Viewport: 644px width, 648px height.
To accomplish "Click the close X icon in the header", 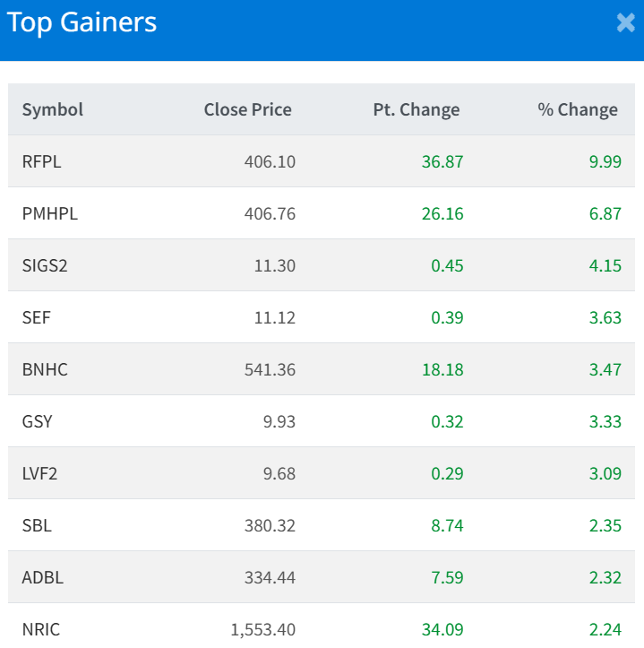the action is point(625,22).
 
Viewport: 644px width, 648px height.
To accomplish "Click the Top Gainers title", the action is point(82,22).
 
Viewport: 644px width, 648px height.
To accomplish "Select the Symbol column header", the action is point(53,109).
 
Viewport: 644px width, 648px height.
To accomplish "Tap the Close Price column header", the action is point(248,109).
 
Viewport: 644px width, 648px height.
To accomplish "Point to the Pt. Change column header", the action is point(416,109).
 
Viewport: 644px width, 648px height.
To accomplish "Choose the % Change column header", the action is point(578,109).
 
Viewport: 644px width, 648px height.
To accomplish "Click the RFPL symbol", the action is point(41,161).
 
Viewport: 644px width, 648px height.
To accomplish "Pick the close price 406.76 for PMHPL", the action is point(270,213).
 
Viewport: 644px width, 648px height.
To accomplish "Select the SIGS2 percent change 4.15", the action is point(605,265).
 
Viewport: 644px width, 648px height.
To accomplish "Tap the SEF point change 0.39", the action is point(447,318).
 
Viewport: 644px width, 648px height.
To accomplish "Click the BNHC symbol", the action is point(45,369).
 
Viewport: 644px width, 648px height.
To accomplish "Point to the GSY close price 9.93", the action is point(279,421).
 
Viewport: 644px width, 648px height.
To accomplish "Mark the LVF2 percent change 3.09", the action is point(605,473).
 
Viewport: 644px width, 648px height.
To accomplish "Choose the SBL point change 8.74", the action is point(447,526).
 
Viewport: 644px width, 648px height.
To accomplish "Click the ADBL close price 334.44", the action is point(270,577).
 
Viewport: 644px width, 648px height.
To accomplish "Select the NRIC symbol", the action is point(41,629).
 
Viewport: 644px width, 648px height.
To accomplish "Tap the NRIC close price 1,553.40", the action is point(263,630).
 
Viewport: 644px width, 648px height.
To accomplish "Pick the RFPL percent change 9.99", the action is point(605,161).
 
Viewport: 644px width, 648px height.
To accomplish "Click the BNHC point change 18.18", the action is point(442,369).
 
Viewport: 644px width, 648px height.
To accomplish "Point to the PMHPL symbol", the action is point(49,213).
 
